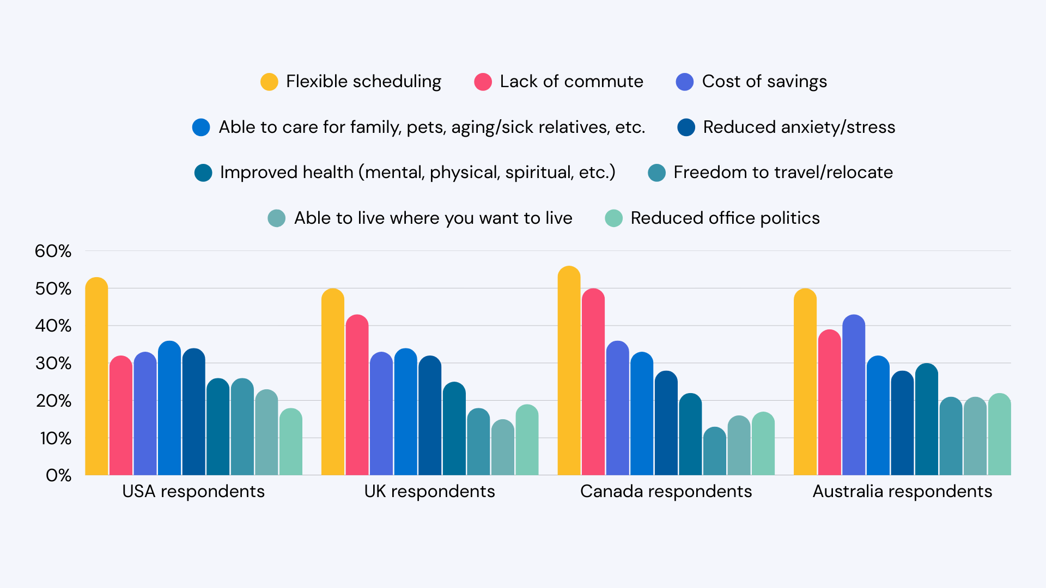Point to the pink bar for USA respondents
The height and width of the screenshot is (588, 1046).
pos(120,416)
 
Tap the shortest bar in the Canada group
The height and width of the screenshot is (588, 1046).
pos(714,451)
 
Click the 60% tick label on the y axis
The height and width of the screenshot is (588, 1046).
pos(53,251)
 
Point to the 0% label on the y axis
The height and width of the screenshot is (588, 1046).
pos(58,475)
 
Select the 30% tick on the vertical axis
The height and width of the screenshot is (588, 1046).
pos(53,363)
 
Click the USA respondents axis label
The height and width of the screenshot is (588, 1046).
pos(193,491)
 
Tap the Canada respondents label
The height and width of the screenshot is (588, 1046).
pos(666,491)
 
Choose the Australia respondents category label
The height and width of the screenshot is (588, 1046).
pos(902,491)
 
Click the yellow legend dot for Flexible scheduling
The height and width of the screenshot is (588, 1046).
pos(269,82)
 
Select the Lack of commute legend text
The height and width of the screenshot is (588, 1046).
pos(571,82)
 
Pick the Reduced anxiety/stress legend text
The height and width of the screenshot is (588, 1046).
pos(799,127)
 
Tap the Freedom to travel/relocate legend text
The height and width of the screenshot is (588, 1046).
pos(783,173)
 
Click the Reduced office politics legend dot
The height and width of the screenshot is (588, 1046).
pos(613,218)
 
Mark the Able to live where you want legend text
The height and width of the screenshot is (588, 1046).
pos(433,218)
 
